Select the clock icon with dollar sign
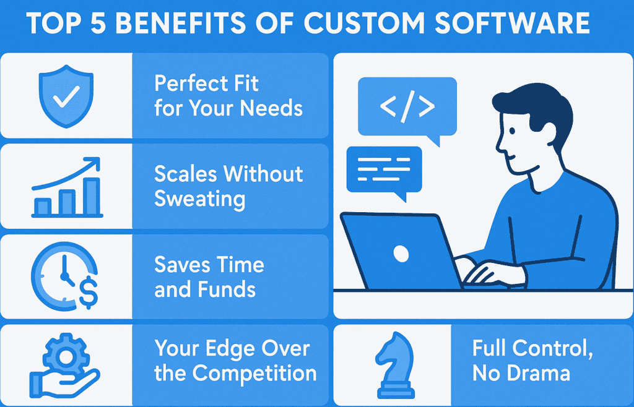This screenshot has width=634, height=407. (66, 276)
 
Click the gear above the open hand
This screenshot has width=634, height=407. (64, 354)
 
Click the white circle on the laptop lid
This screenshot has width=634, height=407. (401, 253)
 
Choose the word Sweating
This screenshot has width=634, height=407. (199, 199)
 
